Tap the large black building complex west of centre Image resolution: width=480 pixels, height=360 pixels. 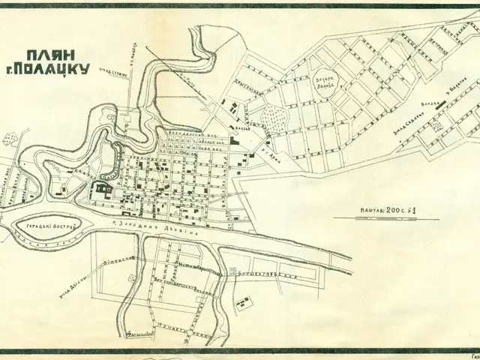click(x=102, y=190)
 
